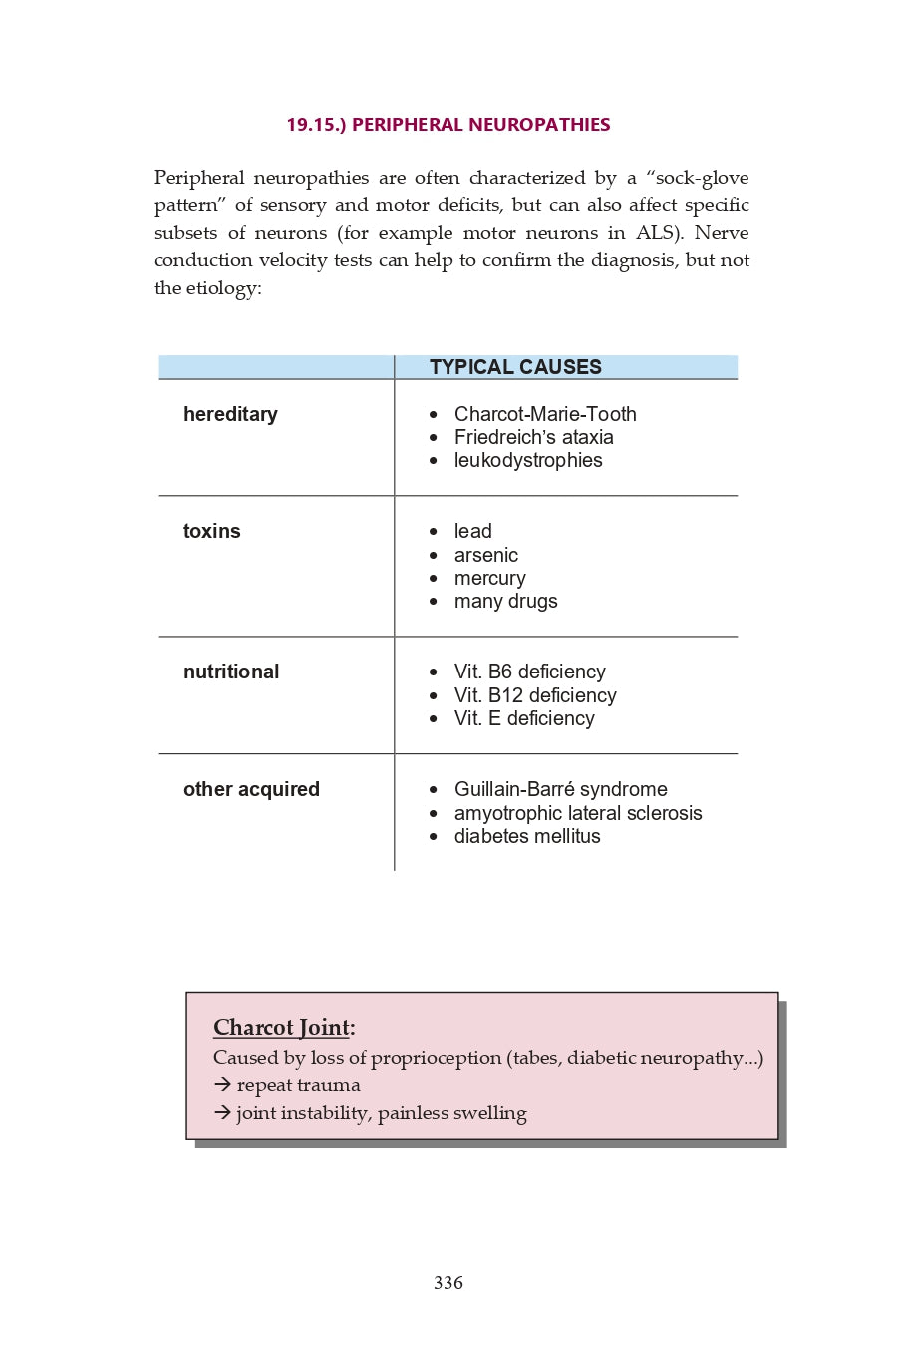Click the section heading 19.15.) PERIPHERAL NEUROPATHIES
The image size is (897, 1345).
[x=448, y=125]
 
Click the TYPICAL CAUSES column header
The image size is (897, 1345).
[x=515, y=367]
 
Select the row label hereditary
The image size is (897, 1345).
[x=230, y=414]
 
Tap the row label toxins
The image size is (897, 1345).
[x=212, y=531]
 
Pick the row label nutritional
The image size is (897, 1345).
[x=231, y=672]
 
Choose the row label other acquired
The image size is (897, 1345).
[x=251, y=789]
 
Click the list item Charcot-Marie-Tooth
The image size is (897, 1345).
[x=545, y=414]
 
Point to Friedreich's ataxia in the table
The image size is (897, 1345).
[x=533, y=437]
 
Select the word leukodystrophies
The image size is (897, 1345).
[x=528, y=460]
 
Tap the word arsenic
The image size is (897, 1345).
[x=486, y=555]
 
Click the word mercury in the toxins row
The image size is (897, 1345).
[x=489, y=578]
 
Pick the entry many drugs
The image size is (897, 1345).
[x=505, y=601]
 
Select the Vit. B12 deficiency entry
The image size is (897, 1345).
[x=535, y=695]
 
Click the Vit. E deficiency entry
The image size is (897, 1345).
[x=524, y=718]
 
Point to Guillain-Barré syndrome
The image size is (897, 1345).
[x=560, y=789]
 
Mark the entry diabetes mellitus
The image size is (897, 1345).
[x=527, y=836]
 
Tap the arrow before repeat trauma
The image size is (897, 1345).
[x=222, y=1085]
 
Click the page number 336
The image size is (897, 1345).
[x=448, y=1283]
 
